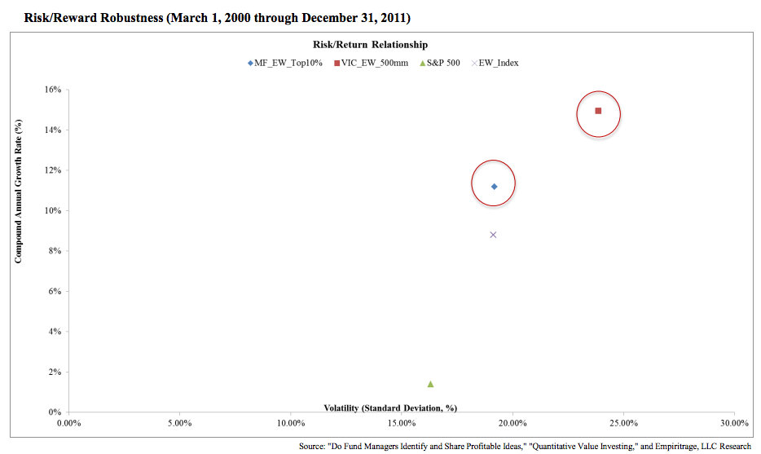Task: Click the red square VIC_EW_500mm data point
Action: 598,111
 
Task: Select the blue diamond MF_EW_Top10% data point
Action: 494,187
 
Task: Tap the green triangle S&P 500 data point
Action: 430,384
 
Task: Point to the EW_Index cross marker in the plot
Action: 493,235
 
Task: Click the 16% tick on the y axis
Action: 52,90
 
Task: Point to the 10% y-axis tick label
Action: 52,211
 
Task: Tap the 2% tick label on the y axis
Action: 54,372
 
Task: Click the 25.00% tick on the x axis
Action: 623,423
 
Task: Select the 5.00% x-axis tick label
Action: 179,423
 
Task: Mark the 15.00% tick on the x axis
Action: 402,423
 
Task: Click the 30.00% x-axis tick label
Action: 734,423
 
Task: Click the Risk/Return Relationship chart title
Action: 370,45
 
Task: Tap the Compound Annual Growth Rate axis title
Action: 18,192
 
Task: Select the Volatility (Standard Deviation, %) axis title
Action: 390,408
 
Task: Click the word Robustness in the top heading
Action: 113,16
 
